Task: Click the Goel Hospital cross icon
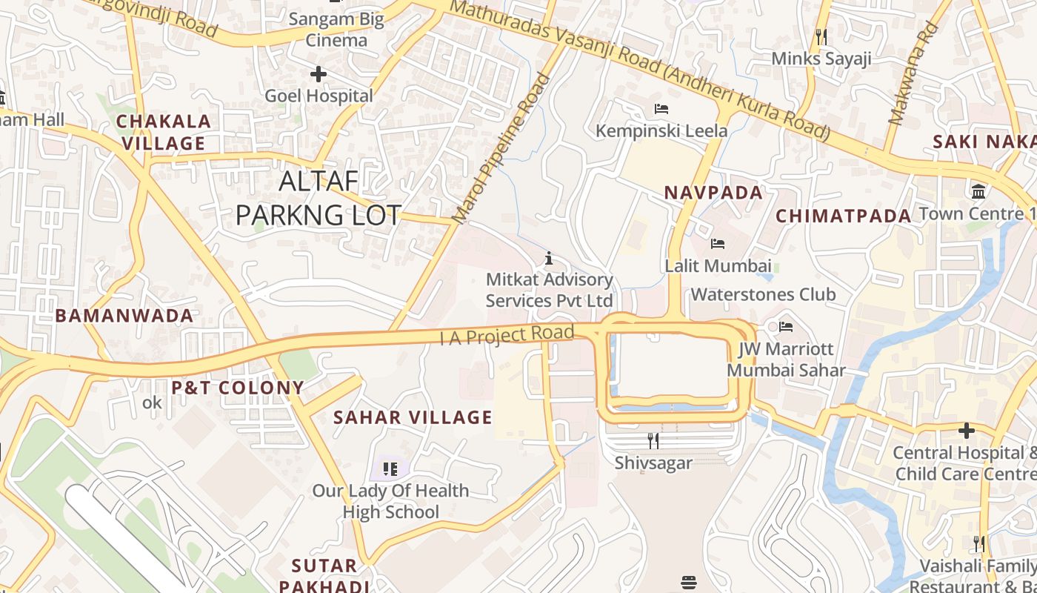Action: tap(319, 74)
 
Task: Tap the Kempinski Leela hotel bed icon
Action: tap(661, 109)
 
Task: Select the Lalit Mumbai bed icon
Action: tap(717, 243)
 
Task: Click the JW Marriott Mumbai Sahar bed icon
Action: tap(786, 326)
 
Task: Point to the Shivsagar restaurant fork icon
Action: tap(653, 441)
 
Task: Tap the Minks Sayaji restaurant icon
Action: tap(821, 37)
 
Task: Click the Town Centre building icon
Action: tap(978, 191)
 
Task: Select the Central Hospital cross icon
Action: tap(966, 430)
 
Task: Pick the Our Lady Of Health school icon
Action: tap(390, 468)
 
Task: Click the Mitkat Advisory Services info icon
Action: tap(549, 258)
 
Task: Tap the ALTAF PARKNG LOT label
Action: tap(319, 197)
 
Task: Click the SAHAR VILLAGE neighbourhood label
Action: tap(413, 417)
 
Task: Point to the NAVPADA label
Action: tap(713, 193)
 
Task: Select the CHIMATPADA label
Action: tap(843, 216)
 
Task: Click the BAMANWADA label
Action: tap(124, 316)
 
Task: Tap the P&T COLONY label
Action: tap(238, 388)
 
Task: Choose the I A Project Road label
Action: tap(507, 335)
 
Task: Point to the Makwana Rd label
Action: tap(913, 74)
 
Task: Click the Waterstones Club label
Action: tap(763, 294)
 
